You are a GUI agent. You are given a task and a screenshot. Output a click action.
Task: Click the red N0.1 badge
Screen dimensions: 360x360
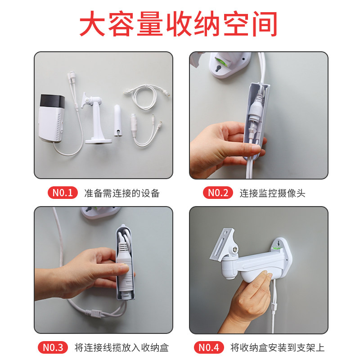pyautogui.click(x=63, y=193)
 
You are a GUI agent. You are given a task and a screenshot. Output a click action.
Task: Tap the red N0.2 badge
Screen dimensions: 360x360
pyautogui.click(x=218, y=193)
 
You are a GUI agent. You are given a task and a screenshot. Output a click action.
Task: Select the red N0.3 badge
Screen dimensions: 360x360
pyautogui.click(x=53, y=347)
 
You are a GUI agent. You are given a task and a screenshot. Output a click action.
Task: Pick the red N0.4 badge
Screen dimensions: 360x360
pyautogui.click(x=208, y=347)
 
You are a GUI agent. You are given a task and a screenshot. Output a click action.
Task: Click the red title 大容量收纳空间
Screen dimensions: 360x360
pyautogui.click(x=178, y=24)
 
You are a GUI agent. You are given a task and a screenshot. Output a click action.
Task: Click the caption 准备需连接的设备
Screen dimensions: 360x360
pyautogui.click(x=122, y=193)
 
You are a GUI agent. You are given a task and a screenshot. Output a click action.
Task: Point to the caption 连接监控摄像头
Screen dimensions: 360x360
pyautogui.click(x=273, y=193)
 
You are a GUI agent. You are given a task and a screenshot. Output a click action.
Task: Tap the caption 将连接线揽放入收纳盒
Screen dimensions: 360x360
pyautogui.click(x=121, y=347)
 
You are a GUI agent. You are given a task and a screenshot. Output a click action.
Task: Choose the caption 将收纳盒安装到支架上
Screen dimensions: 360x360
pyautogui.click(x=277, y=347)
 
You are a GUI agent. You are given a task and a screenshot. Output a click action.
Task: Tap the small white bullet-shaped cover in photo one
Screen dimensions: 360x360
pyautogui.click(x=118, y=121)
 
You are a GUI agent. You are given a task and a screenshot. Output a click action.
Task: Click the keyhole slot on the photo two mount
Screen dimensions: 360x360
pyautogui.click(x=219, y=68)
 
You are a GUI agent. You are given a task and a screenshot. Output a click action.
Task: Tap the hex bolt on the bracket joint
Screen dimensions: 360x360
pyautogui.click(x=234, y=249)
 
